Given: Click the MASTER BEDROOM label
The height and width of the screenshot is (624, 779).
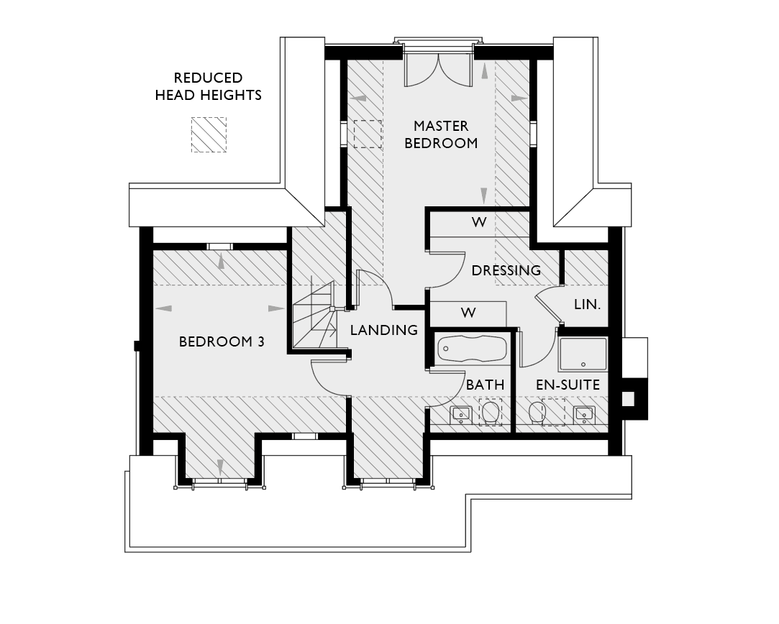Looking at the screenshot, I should point(441,134).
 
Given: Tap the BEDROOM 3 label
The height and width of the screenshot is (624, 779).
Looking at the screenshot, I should point(222,341).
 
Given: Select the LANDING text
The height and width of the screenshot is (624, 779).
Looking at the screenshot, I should point(383,330).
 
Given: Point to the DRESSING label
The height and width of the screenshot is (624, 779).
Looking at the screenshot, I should point(506,271).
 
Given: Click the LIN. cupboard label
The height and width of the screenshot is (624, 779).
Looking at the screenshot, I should point(587,305).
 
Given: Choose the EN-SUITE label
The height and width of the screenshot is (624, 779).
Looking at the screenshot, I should point(568,385).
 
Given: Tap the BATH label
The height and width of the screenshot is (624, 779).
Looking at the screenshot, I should point(485,385).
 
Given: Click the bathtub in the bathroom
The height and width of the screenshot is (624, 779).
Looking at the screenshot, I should point(472,349).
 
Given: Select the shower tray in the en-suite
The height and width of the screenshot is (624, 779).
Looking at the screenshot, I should point(583,354).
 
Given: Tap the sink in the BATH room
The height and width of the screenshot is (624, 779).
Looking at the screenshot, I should point(460,414).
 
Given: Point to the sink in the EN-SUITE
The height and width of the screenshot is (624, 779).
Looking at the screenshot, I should point(583,414).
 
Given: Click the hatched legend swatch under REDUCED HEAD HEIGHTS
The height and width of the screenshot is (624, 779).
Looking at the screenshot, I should point(209,134).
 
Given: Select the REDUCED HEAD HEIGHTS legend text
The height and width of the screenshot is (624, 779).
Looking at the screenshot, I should point(209,86).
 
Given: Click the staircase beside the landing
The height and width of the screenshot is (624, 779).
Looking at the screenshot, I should point(314,316).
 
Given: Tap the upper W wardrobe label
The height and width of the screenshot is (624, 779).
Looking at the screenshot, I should point(479,222).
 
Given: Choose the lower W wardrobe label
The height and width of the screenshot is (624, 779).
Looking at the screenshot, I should point(468,313).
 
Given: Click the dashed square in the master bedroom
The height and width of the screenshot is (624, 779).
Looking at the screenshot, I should point(367,134).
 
